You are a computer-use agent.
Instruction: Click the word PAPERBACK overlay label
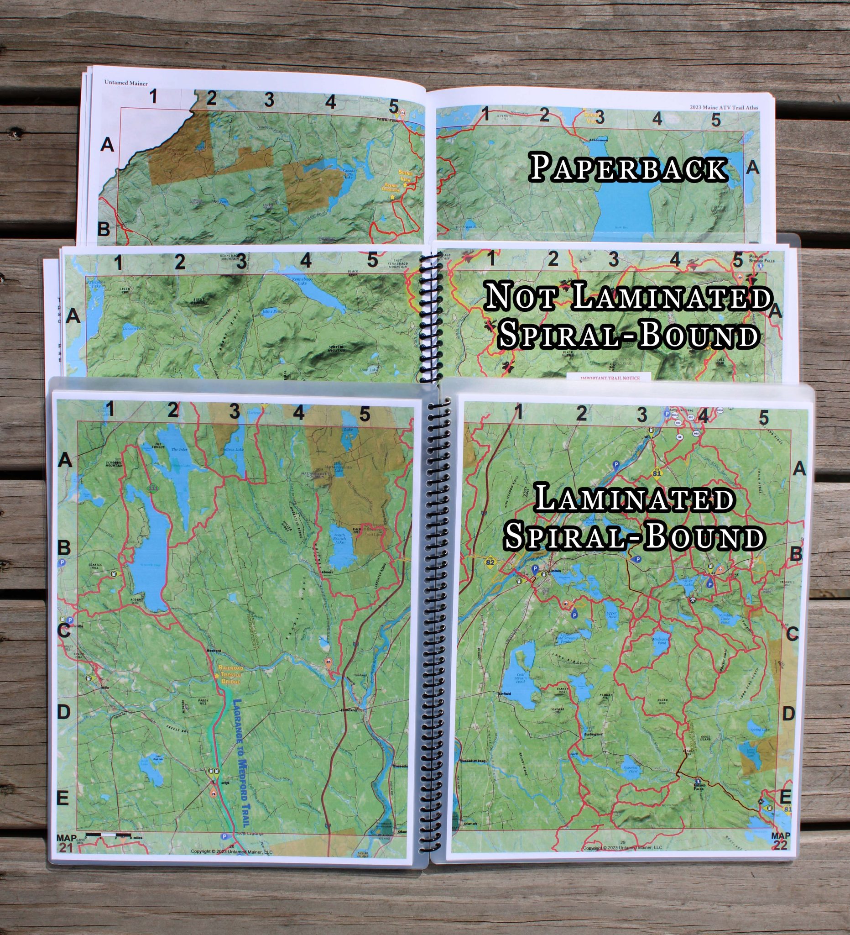pyautogui.click(x=627, y=168)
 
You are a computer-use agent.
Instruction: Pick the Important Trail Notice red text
pyautogui.click(x=610, y=378)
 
